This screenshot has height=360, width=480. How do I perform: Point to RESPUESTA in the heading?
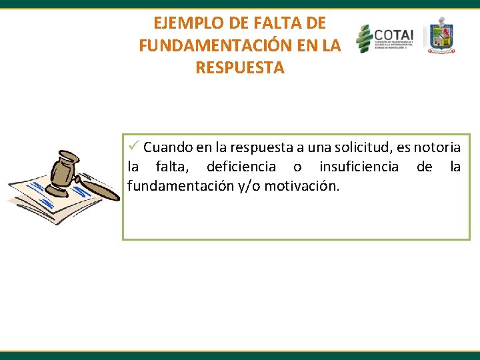point(240,68)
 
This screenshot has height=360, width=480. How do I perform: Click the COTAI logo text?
point(393,35)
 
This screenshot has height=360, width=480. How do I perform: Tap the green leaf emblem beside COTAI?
point(363,39)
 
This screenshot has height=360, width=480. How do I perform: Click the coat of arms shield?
point(441,37)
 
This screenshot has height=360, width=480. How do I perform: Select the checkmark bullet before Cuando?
point(133,146)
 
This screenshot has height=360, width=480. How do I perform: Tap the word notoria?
point(437,147)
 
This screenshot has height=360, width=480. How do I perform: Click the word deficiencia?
point(241,166)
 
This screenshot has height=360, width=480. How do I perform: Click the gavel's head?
point(67,169)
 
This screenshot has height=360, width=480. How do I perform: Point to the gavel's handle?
point(100,187)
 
